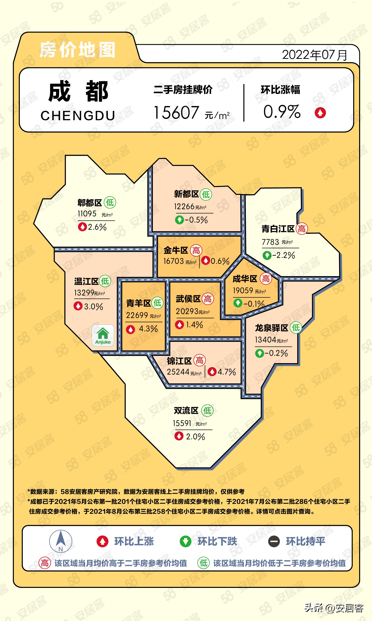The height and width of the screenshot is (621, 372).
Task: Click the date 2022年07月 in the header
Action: click(314, 55)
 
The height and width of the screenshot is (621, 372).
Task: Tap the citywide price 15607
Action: click(176, 113)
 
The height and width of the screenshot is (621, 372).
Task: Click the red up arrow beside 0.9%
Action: click(320, 113)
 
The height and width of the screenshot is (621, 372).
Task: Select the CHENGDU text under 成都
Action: click(78, 116)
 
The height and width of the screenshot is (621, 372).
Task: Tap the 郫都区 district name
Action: click(90, 203)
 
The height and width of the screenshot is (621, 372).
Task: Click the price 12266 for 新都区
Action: click(185, 206)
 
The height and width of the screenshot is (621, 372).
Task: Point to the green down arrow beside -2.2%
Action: click(267, 255)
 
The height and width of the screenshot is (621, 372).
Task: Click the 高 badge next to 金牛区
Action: click(196, 250)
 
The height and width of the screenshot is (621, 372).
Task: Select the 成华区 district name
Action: click(245, 279)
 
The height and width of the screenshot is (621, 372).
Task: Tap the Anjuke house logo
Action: click(103, 335)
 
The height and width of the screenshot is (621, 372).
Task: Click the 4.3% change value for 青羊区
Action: click(148, 329)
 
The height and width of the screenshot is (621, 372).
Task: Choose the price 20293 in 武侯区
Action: click(187, 311)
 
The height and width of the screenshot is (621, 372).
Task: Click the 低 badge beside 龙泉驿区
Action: click(296, 327)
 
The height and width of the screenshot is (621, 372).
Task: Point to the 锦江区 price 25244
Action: click(178, 372)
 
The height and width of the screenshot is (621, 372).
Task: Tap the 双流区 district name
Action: click(186, 411)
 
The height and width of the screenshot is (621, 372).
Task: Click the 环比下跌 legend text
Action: click(217, 541)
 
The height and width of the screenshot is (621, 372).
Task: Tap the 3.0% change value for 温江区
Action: click(93, 307)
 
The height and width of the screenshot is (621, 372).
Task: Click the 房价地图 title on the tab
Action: click(77, 50)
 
